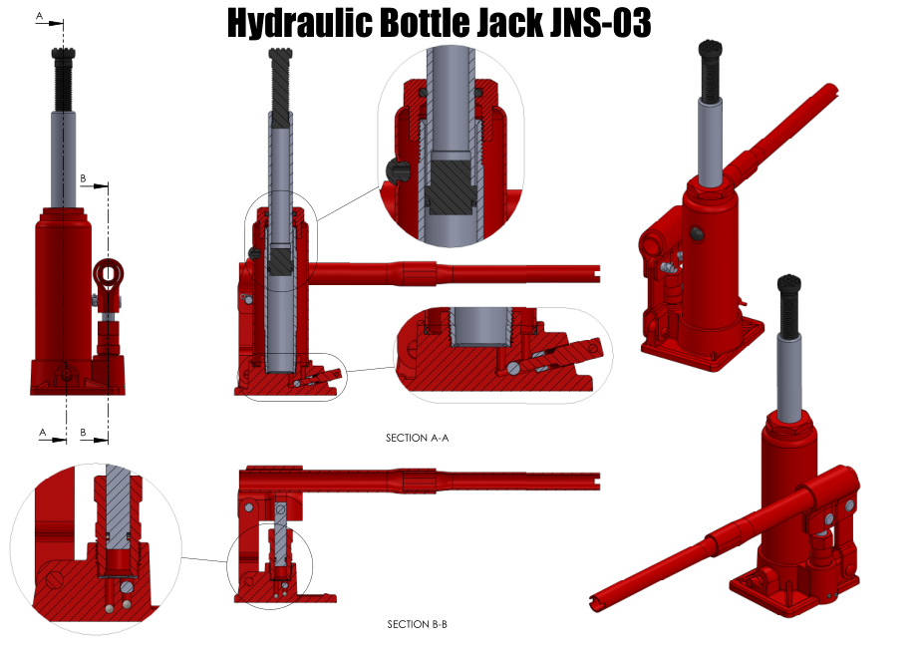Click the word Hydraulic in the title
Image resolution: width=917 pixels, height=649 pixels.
(299, 23)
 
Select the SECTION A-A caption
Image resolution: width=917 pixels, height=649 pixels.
(417, 438)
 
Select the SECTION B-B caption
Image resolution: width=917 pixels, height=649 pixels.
(417, 624)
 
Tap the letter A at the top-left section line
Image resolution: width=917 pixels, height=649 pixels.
(39, 16)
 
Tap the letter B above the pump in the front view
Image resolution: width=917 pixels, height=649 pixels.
(83, 177)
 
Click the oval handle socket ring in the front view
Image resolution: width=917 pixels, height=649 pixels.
(109, 273)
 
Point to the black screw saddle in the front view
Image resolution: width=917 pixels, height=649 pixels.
(63, 55)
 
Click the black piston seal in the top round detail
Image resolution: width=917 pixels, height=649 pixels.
(450, 182)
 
